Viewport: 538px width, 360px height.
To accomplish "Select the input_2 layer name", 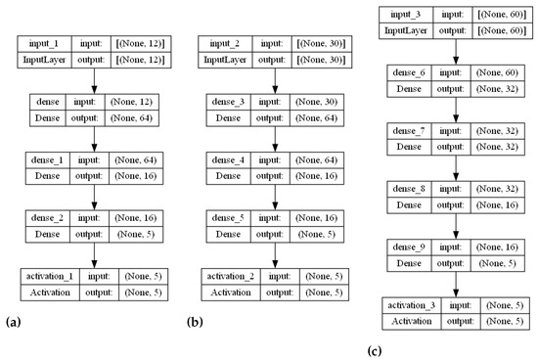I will [222, 45].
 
